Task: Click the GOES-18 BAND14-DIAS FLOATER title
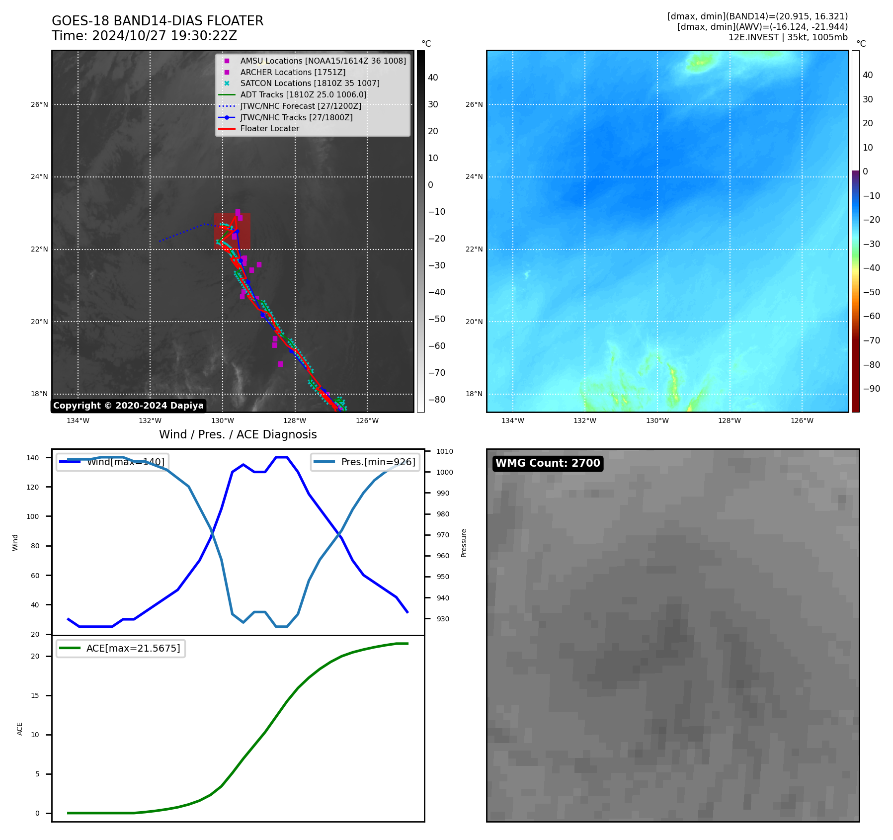(x=158, y=21)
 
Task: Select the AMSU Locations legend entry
(x=323, y=61)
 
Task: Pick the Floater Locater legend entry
(x=269, y=129)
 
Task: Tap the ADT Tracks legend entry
(x=303, y=94)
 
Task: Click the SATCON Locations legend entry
(x=310, y=83)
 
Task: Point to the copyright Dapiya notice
(x=128, y=406)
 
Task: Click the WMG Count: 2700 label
(x=548, y=463)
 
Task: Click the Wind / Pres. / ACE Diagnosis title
(x=238, y=434)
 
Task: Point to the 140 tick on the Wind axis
(x=33, y=458)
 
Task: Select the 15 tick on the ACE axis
(x=35, y=695)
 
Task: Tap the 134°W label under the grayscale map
(x=78, y=420)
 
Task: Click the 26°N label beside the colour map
(x=474, y=104)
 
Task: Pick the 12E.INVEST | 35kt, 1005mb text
(x=788, y=37)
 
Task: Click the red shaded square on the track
(x=232, y=232)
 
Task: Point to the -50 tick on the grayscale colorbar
(x=437, y=319)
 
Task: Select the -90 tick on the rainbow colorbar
(x=871, y=389)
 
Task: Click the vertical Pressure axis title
(x=464, y=543)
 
